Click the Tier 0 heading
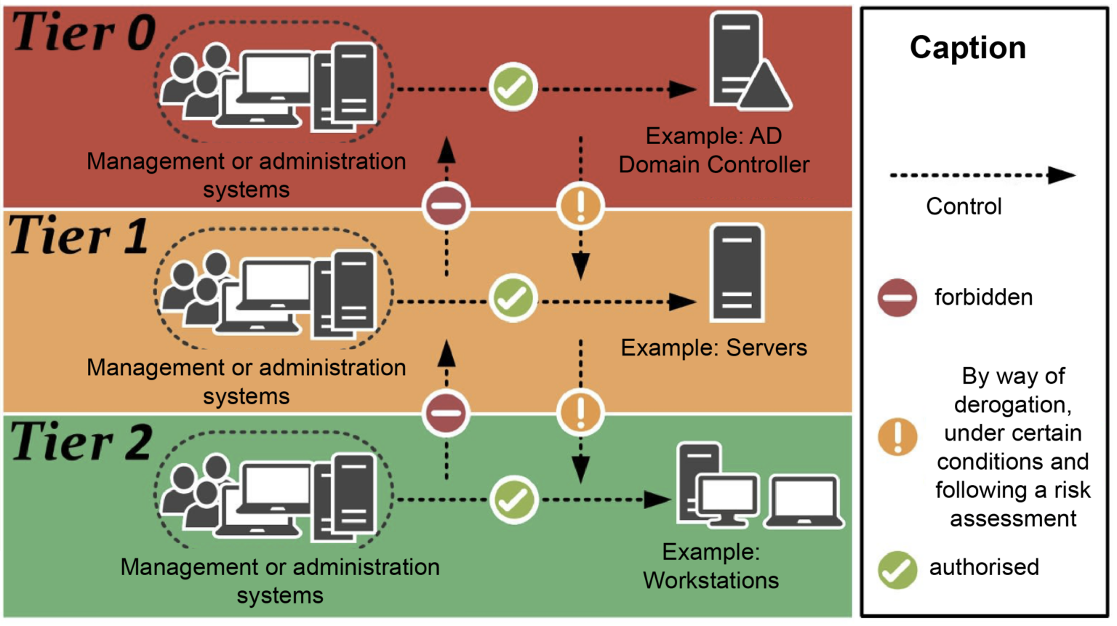[x=84, y=33]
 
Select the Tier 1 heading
[x=79, y=236]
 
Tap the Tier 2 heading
[x=81, y=442]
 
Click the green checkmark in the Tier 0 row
[x=513, y=87]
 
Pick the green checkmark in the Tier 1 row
[x=513, y=298]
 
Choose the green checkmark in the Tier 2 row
[x=513, y=500]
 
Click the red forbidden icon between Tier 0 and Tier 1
[x=447, y=206]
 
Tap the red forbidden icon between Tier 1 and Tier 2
[x=447, y=412]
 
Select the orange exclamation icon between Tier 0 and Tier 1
[x=580, y=206]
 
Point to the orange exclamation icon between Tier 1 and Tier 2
[x=580, y=412]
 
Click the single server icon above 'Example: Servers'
[x=737, y=273]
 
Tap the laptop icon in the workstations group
[x=804, y=502]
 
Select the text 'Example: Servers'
[x=713, y=348]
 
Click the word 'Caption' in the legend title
[x=967, y=48]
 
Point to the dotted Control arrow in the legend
[x=982, y=175]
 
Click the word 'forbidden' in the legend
[x=983, y=297]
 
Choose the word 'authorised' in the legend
[x=984, y=567]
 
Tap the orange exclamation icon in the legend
[x=897, y=438]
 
